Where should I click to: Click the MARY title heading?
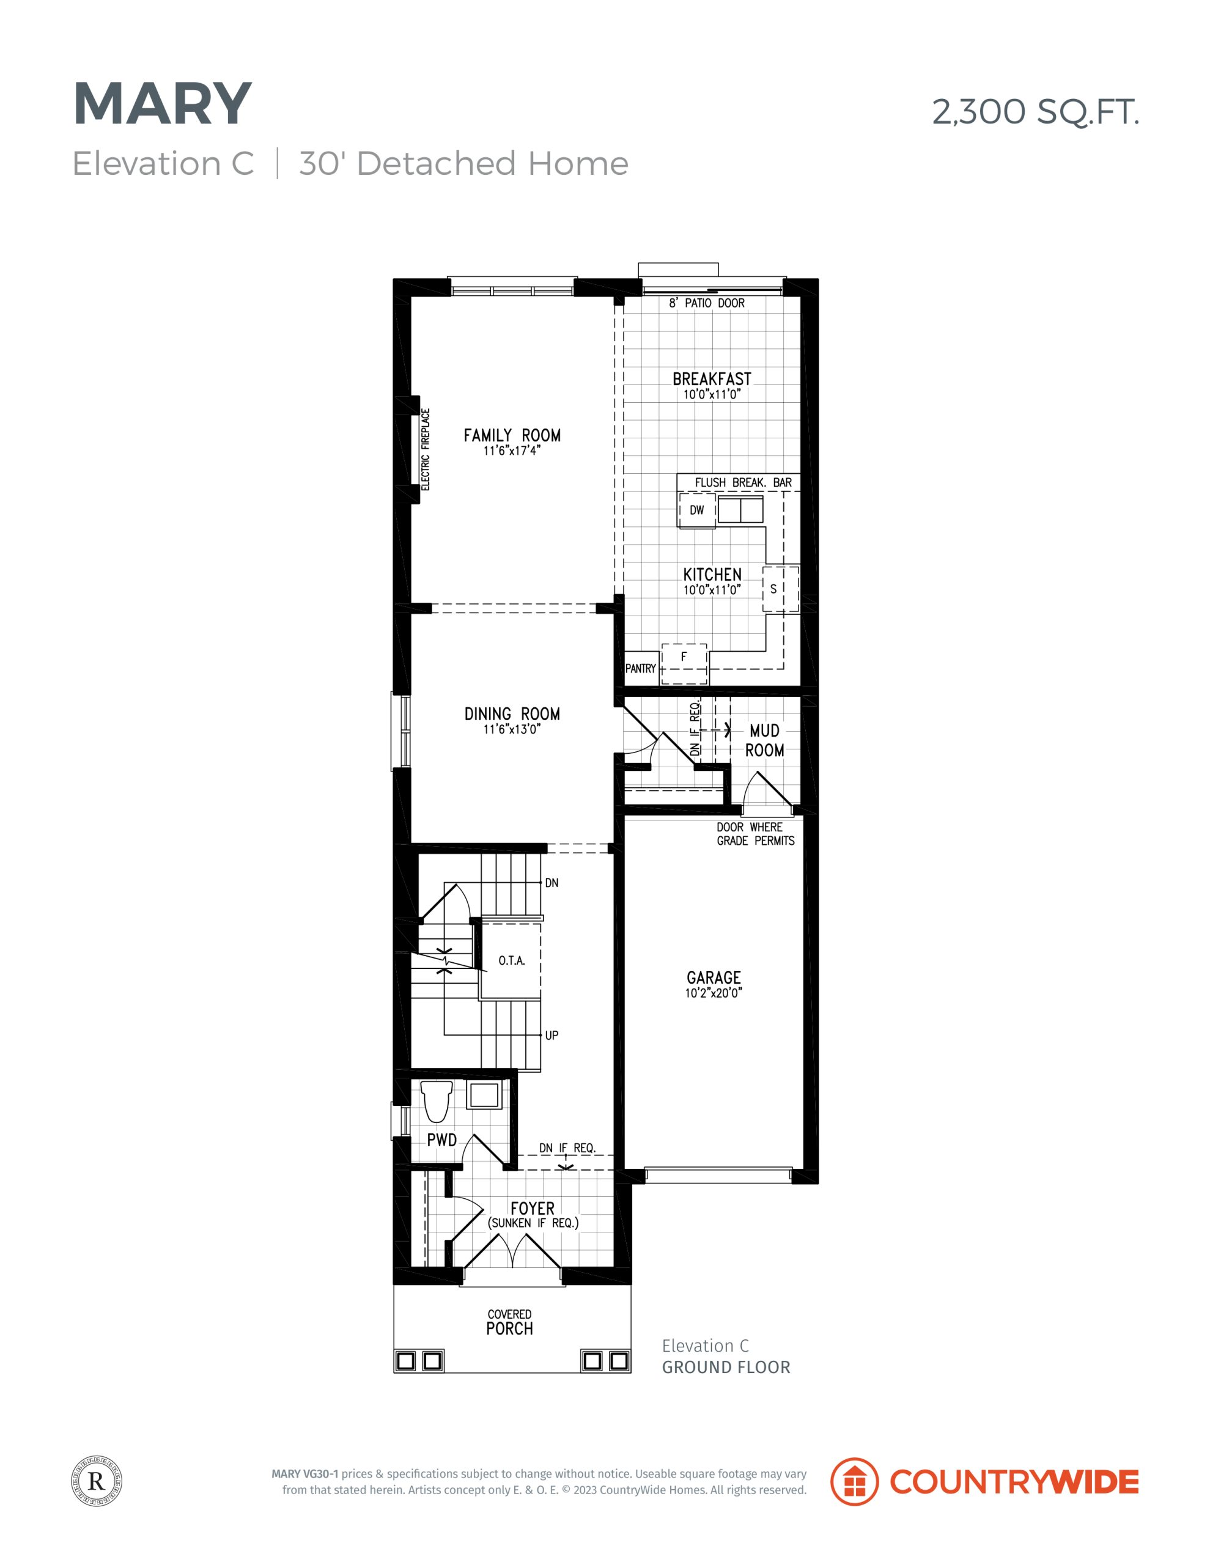(163, 104)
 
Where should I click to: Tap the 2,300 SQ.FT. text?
(1035, 112)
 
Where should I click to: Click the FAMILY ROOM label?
(512, 435)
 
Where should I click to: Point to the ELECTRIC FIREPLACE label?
(425, 449)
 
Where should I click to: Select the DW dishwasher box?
(697, 510)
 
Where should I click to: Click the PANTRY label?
(640, 669)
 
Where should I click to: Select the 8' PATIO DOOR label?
(707, 303)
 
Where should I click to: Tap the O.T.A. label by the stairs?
(512, 961)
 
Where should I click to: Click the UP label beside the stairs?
(552, 1036)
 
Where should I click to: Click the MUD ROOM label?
(764, 740)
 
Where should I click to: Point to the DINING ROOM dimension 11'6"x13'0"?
(512, 729)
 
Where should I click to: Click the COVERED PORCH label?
(510, 1322)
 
